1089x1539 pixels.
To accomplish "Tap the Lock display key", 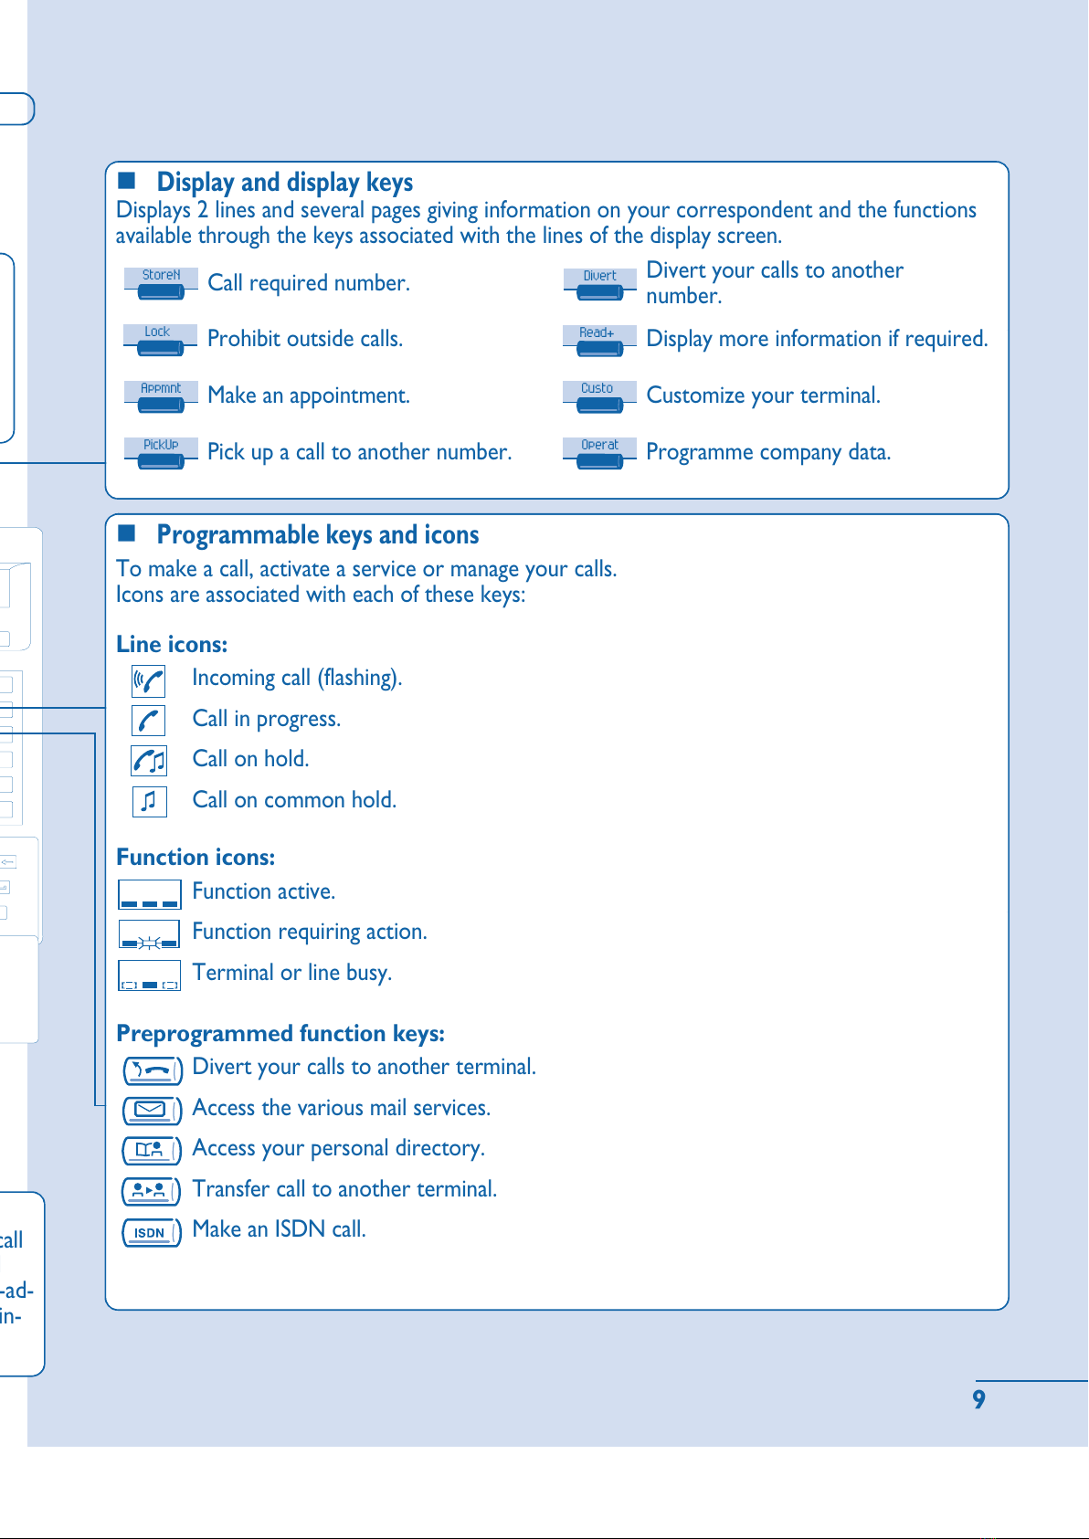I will tap(161, 340).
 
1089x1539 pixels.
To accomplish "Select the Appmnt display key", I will tap(161, 396).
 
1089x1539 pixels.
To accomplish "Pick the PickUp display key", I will tap(161, 453).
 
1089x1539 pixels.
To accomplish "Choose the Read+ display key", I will tap(599, 340).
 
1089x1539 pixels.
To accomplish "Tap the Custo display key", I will tap(599, 396).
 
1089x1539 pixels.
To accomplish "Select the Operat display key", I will tap(599, 453).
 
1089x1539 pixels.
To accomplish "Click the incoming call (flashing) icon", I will tap(149, 680).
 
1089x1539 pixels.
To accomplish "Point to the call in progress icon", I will tap(149, 721).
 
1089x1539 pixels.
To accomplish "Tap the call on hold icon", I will tap(149, 761).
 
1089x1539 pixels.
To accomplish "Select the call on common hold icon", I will tap(149, 801).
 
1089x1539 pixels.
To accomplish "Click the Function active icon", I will tap(149, 894).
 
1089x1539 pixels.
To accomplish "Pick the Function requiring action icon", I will tap(149, 934).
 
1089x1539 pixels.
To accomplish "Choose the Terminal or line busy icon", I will tap(149, 975).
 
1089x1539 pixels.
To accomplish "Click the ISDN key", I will tap(152, 1232).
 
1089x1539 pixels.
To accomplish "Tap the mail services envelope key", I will tap(152, 1110).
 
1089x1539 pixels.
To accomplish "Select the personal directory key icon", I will tap(152, 1150).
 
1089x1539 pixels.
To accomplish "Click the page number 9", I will tap(979, 1399).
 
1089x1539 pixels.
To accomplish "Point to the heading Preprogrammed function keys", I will tap(280, 1033).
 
